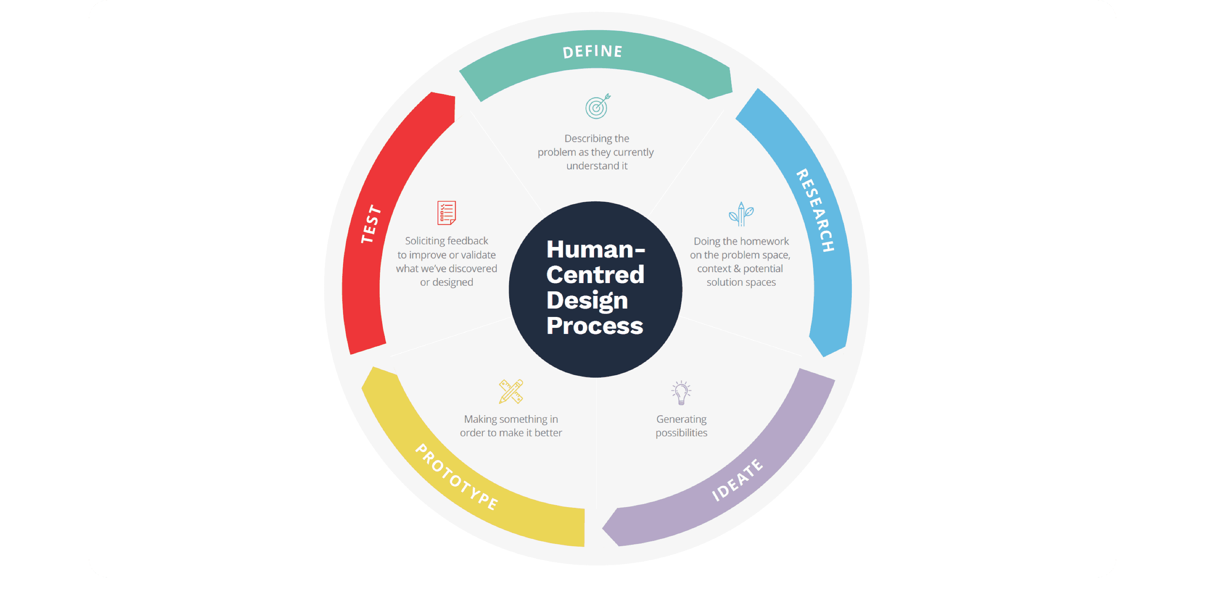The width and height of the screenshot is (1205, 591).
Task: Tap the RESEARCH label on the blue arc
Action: coord(816,210)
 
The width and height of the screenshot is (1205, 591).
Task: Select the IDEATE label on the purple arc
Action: coord(737,480)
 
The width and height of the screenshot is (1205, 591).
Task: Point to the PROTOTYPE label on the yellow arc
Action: coord(456,477)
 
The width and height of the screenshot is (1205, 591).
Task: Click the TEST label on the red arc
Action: coord(371,224)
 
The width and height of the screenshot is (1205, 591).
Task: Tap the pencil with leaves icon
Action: coord(741,214)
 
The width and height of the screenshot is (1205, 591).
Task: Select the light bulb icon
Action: coord(681,392)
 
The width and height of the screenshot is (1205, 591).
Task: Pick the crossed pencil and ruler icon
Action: coord(511,391)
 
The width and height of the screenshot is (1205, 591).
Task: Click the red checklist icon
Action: coord(446,213)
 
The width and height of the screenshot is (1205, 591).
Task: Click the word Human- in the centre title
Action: coord(595,249)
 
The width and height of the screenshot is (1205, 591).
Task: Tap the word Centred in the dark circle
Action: coord(595,274)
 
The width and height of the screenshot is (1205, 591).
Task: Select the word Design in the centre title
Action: coord(587,300)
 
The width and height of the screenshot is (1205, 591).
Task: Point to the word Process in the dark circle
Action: coord(595,325)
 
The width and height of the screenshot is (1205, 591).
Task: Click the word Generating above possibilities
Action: coord(681,419)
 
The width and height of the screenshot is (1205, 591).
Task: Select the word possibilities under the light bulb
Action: coord(681,433)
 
